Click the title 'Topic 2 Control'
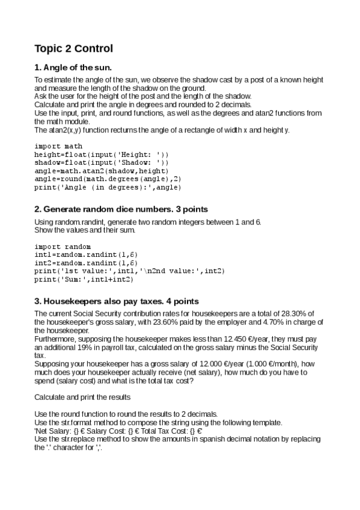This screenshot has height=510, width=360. click(x=73, y=48)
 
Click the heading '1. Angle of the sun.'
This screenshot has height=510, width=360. click(x=73, y=67)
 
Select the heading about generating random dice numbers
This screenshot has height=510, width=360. click(x=121, y=209)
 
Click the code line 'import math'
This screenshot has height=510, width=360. click(x=58, y=146)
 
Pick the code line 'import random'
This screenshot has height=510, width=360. click(x=63, y=247)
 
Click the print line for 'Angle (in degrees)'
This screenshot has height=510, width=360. click(x=108, y=187)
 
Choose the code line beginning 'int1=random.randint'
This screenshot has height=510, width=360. click(x=86, y=255)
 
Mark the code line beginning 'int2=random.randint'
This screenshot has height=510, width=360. click(x=86, y=263)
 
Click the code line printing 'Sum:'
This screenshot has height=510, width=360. click(x=84, y=279)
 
